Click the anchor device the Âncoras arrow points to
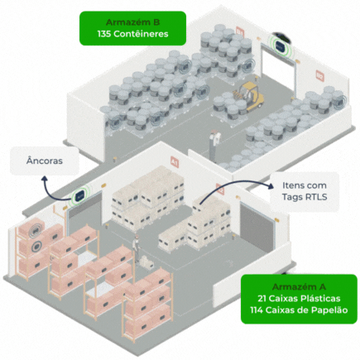coord(81,197)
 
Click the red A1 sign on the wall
coord(174,161)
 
